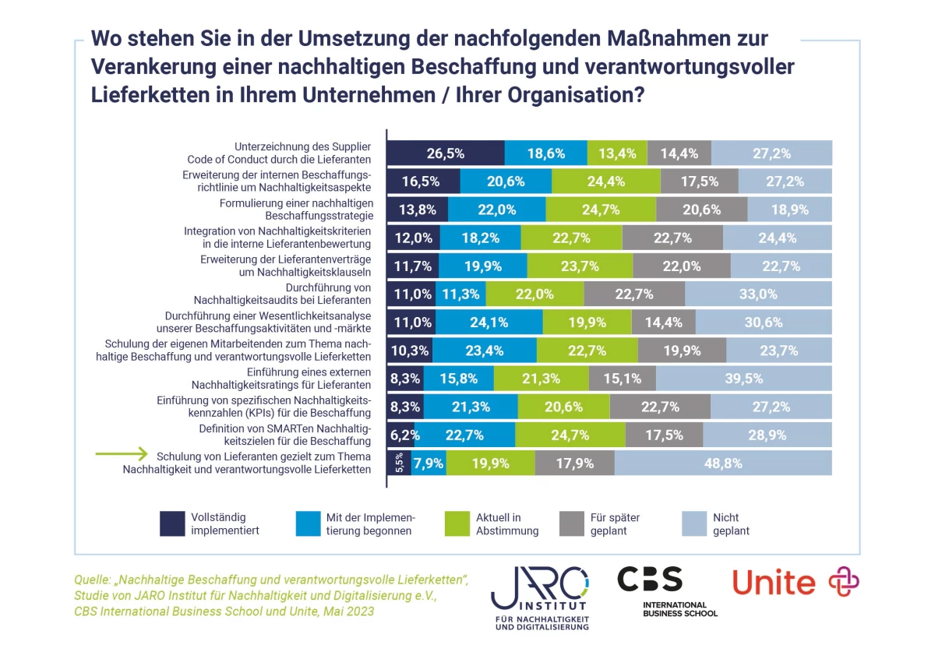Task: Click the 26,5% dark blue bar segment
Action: pos(446,153)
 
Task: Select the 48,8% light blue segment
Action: pos(723,463)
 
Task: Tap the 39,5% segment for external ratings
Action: pos(743,379)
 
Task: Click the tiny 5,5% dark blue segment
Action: pos(399,463)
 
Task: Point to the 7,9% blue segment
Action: pos(429,463)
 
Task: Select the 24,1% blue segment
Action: pos(489,322)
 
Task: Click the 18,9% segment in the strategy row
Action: pos(789,210)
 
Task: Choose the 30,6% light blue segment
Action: pos(764,322)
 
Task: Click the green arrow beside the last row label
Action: pos(121,453)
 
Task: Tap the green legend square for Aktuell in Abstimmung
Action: pos(456,523)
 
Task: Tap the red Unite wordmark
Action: pos(774,583)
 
